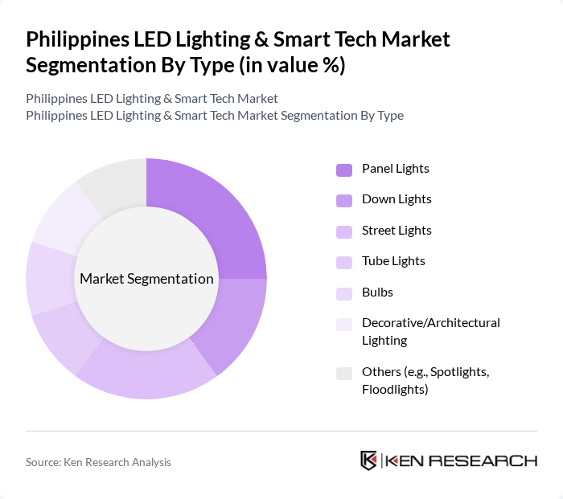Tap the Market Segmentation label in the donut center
pos(146,279)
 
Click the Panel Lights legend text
pos(395,169)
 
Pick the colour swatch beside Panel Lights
pos(344,170)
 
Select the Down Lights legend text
pos(397,199)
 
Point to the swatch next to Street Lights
pos(344,231)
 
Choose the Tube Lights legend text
pos(393,261)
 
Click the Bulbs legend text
pos(377,292)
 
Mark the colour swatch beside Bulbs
pos(344,292)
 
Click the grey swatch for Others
pos(344,373)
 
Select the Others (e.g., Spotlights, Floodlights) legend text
pos(425,380)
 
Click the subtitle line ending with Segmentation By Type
pos(215,116)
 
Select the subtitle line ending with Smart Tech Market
pos(152,99)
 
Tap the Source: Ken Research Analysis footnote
pos(98,462)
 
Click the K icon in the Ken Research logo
pos(369,460)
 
